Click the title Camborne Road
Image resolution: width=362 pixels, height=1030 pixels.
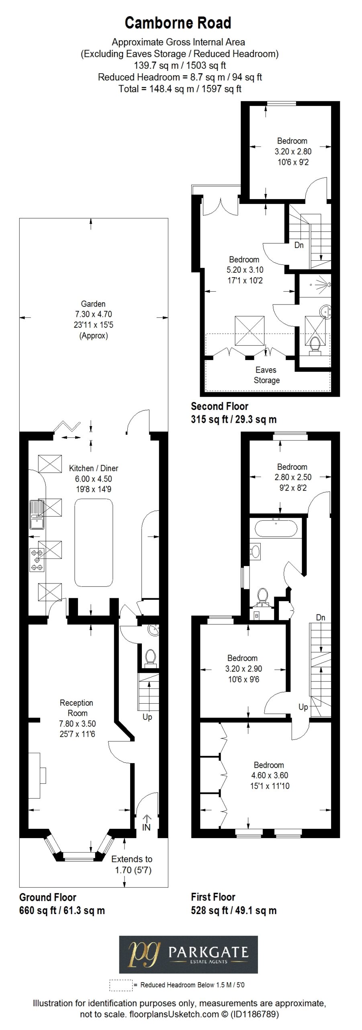point(178,23)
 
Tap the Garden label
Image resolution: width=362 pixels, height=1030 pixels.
point(93,304)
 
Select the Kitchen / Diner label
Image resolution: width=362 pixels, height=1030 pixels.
point(94,468)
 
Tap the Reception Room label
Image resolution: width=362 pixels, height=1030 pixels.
point(77,708)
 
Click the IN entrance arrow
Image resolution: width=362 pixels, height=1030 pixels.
point(146,823)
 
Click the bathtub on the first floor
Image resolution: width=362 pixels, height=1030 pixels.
point(276,528)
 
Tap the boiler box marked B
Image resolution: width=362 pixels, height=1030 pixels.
point(256,615)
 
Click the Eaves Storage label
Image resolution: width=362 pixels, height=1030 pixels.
point(266,375)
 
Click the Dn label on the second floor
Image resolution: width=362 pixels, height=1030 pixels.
point(299,245)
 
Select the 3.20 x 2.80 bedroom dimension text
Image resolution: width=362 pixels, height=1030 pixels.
point(293,152)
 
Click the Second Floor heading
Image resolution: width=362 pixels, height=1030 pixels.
point(219,406)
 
